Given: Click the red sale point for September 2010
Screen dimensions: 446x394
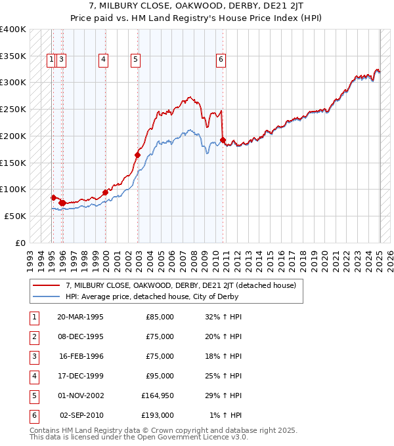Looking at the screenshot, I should point(223,140).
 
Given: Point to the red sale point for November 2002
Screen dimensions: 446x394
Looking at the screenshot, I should point(138,155).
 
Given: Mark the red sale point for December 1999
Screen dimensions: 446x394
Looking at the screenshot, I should point(105,192).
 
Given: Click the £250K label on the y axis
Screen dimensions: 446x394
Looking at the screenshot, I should point(13,109).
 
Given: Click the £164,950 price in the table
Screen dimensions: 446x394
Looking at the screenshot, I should point(157,395).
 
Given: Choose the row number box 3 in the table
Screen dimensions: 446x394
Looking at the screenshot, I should point(34,356).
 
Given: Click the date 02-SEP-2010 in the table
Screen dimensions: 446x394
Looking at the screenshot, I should point(81,415).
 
